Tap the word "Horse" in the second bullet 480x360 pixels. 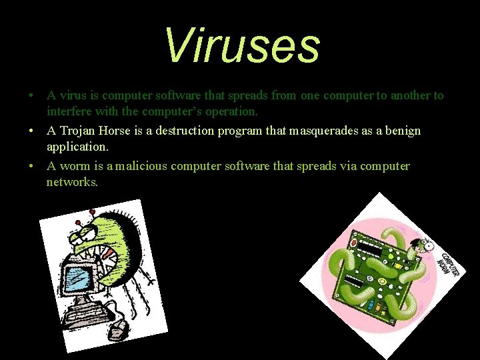117,131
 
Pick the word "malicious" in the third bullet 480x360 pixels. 141,166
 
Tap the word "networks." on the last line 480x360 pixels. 72,181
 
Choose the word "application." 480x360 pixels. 77,145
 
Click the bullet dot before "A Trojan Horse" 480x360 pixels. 31,131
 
